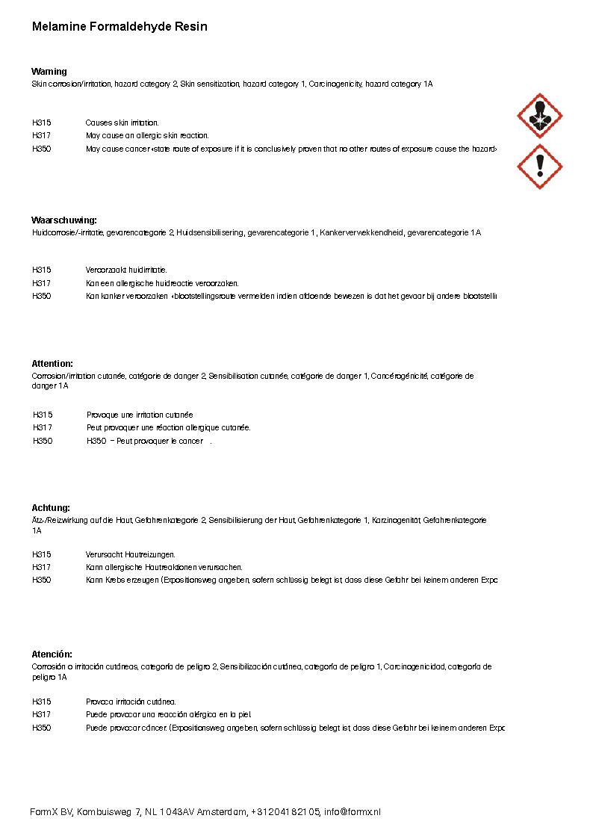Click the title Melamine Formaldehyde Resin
click(x=119, y=27)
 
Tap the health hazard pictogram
click(x=539, y=116)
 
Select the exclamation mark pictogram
click(x=539, y=167)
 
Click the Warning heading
click(x=49, y=72)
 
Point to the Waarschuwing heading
click(x=64, y=220)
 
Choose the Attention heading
click(x=52, y=364)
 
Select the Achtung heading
click(x=51, y=508)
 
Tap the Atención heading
click(x=52, y=654)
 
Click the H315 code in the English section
click(x=42, y=123)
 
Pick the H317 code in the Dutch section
click(x=42, y=283)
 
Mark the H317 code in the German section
click(x=42, y=568)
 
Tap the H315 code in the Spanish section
click(x=42, y=702)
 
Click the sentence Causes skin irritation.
click(x=122, y=123)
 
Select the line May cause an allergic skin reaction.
click(x=147, y=136)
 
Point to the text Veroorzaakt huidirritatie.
click(x=126, y=270)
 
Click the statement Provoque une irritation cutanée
click(x=140, y=415)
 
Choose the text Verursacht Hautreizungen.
click(x=131, y=554)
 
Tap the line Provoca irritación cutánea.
click(x=131, y=702)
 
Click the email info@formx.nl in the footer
click(x=353, y=812)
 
